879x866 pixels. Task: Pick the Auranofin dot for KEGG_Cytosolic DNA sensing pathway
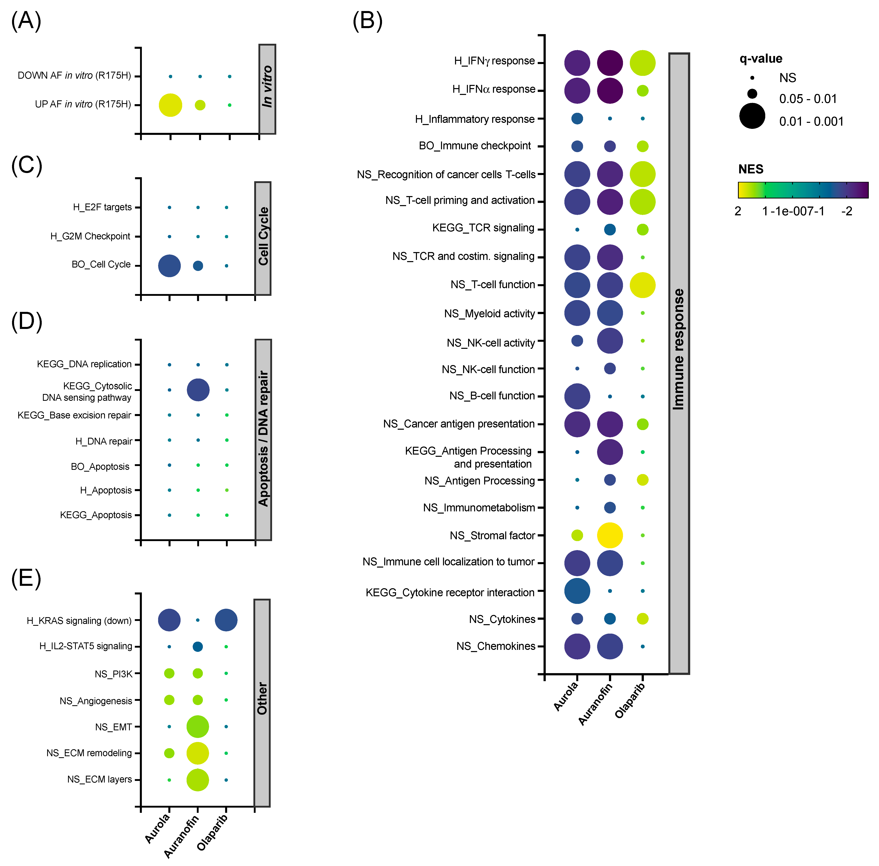tap(198, 390)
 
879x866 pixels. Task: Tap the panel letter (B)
tap(367, 21)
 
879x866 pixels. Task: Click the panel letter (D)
tap(26, 321)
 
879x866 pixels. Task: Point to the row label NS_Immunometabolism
tap(479, 508)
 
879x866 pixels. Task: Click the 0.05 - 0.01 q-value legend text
tap(808, 99)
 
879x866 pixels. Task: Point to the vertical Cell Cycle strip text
tap(263, 236)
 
